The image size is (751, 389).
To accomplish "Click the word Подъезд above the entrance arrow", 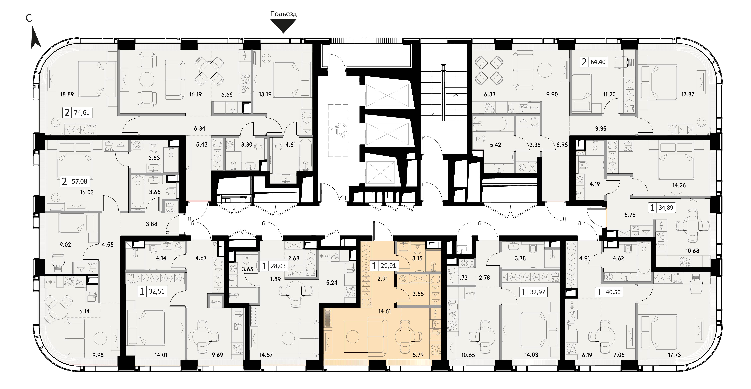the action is click(x=283, y=14).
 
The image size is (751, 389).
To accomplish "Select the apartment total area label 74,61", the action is click(x=82, y=112).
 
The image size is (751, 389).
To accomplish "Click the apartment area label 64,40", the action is click(x=598, y=62).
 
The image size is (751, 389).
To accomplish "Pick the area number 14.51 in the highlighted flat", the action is click(x=384, y=311).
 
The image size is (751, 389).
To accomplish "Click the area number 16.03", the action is click(x=87, y=192).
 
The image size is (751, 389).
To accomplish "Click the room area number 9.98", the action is click(x=98, y=355).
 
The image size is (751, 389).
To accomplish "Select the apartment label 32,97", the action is click(x=537, y=292).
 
